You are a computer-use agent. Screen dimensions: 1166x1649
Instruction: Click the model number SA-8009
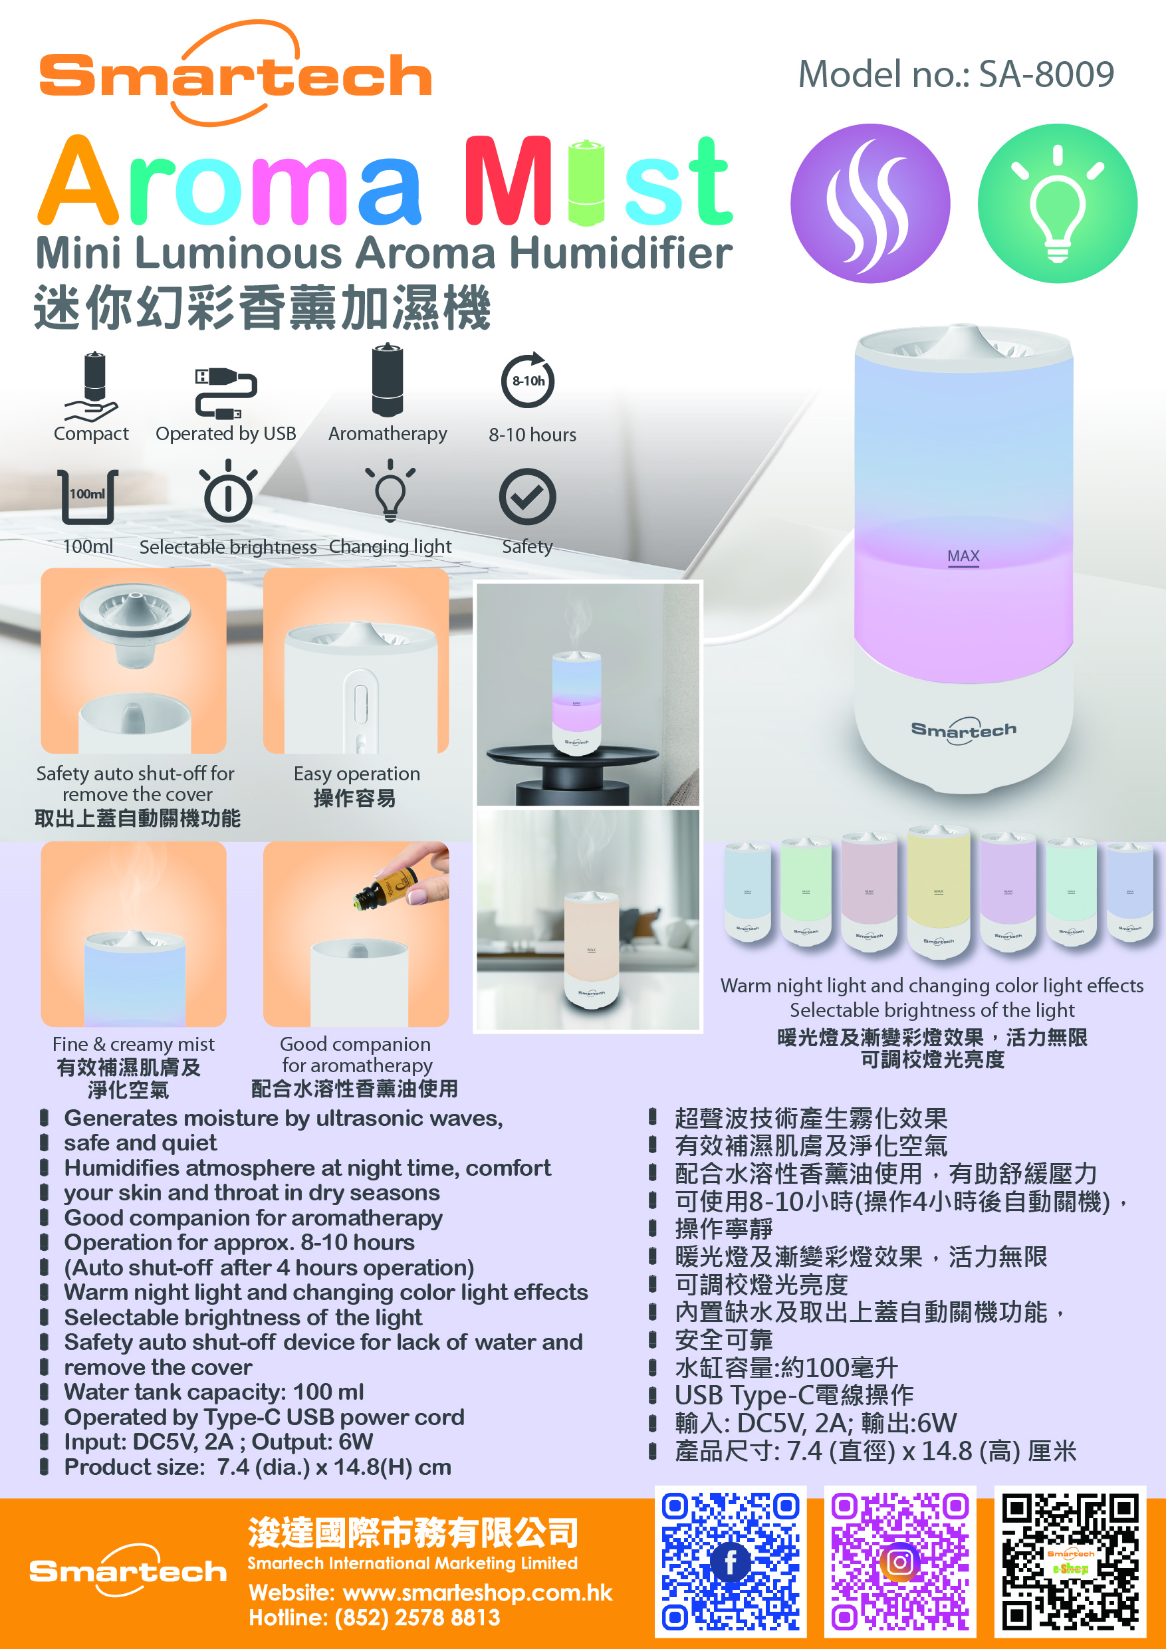(1046, 74)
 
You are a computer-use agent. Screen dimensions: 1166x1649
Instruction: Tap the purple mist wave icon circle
(870, 203)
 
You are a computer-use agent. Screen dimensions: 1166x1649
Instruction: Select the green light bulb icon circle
(1058, 203)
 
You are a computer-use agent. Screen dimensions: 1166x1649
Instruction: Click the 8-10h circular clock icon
(528, 381)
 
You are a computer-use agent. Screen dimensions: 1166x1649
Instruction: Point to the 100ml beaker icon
(88, 496)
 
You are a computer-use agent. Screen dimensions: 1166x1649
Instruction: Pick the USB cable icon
(225, 393)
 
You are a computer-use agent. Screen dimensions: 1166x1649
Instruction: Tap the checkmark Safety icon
(527, 497)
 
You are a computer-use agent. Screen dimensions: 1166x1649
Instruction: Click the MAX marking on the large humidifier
(963, 556)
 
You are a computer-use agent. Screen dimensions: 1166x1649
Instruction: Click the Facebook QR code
(731, 1561)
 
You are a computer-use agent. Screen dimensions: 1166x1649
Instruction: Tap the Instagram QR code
(900, 1561)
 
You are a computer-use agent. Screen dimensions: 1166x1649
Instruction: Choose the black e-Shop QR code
(1070, 1561)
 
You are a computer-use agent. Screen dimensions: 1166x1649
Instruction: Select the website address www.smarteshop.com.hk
(478, 1593)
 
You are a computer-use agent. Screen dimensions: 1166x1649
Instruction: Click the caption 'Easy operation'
(357, 774)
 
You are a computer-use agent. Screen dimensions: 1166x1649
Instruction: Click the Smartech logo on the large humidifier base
(963, 731)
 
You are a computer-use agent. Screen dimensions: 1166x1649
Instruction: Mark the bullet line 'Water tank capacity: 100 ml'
(214, 1392)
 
